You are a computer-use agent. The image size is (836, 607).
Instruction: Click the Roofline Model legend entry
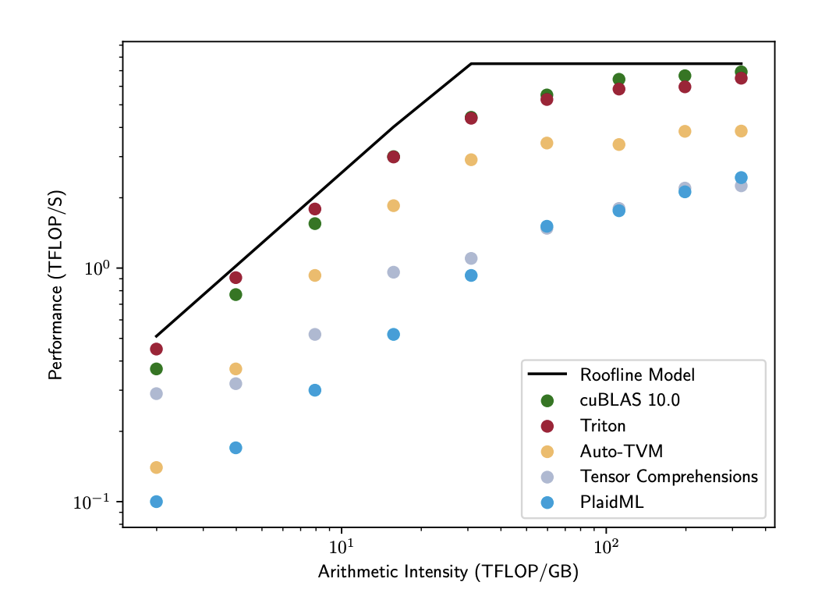(636, 375)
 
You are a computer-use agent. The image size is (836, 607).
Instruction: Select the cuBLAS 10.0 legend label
(629, 400)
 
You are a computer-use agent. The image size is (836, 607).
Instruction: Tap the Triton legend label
(602, 426)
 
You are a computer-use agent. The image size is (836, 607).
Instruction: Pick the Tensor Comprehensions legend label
(668, 477)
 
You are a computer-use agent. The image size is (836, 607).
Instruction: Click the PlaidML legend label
(611, 502)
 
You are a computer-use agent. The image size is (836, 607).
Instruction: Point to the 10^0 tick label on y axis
(100, 268)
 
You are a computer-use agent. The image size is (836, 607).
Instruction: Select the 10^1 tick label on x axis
(341, 546)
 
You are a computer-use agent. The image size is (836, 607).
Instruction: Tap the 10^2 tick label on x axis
(606, 546)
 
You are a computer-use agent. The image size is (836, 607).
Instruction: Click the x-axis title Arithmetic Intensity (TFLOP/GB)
(448, 573)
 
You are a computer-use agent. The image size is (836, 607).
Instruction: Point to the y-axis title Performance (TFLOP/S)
(55, 285)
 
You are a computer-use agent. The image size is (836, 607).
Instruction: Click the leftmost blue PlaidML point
(156, 502)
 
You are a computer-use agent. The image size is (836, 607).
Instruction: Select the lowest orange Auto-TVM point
(156, 467)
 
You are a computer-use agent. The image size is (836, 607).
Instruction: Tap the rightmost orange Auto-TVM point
(741, 131)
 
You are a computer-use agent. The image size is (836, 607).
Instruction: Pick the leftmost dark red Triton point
(156, 349)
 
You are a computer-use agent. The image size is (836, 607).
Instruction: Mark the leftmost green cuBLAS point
(156, 368)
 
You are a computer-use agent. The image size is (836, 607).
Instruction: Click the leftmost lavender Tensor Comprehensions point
(156, 393)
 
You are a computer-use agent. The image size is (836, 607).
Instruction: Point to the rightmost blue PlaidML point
(741, 178)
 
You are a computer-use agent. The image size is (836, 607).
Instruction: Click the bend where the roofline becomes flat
(471, 64)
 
